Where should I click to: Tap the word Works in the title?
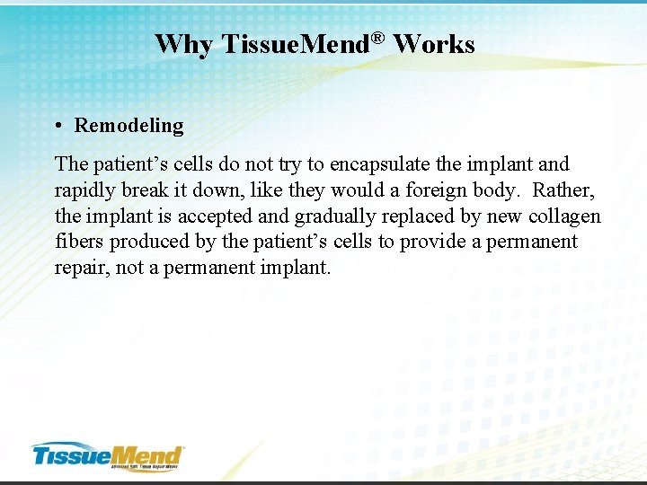click(x=434, y=44)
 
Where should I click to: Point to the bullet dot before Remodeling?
click(x=58, y=126)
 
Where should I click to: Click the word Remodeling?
click(x=129, y=126)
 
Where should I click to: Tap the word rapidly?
click(x=85, y=190)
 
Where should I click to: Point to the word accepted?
click(x=215, y=216)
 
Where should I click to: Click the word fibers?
click(x=79, y=242)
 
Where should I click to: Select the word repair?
click(x=80, y=268)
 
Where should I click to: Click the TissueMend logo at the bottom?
click(x=108, y=454)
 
